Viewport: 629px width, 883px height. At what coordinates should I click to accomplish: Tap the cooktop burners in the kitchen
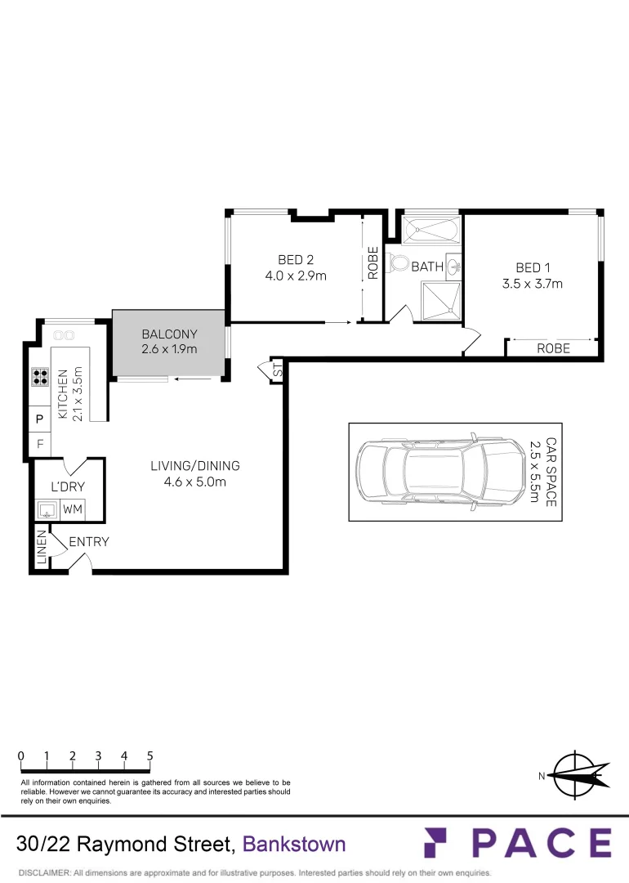pos(39,377)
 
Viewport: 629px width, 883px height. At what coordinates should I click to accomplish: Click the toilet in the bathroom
pos(399,263)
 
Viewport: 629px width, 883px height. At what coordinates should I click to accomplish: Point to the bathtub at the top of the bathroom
pos(431,230)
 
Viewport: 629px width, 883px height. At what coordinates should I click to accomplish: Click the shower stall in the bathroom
pos(441,300)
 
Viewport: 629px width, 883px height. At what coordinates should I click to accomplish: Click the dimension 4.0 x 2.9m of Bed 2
pos(295,276)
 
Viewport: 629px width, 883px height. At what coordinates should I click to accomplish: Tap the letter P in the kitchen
pos(39,419)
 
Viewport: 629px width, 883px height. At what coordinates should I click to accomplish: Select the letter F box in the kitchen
pos(39,445)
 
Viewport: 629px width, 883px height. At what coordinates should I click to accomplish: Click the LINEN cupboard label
pos(41,549)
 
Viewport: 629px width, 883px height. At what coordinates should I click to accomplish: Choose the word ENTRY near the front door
pos(88,541)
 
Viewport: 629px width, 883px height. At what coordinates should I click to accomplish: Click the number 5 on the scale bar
pos(150,756)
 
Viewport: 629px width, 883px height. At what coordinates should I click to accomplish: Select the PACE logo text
pos(517,843)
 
